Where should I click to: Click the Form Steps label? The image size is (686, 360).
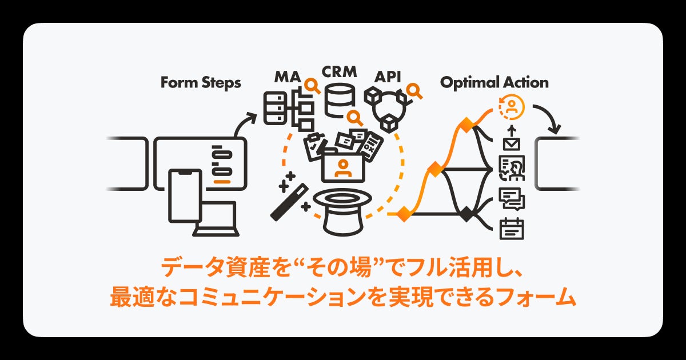click(200, 83)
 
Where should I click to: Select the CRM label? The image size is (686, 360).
click(339, 72)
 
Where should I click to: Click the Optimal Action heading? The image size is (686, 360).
click(494, 83)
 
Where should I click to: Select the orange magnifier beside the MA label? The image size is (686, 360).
click(313, 86)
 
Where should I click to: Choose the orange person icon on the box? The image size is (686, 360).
click(343, 167)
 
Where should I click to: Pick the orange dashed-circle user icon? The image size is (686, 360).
click(512, 106)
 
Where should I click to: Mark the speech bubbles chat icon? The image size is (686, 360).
click(511, 198)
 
